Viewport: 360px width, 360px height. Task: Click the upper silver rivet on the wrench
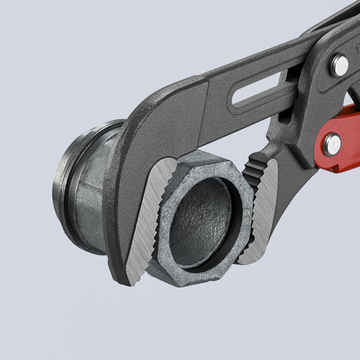[x=338, y=66]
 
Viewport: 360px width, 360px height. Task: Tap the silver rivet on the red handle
[x=332, y=144]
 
